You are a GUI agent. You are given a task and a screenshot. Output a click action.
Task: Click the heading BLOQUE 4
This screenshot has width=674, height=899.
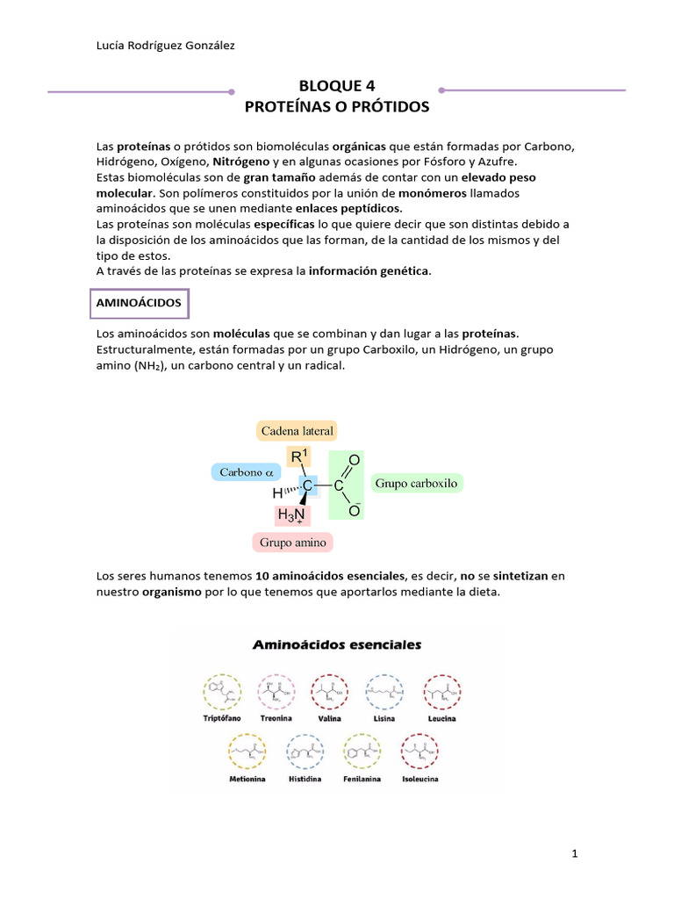336,85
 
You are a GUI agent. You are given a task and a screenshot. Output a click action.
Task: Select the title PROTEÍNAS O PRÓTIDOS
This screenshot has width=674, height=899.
336,107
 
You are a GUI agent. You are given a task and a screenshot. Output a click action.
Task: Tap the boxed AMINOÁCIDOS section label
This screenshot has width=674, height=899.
139,302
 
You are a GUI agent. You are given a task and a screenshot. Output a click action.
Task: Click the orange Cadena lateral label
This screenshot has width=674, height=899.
296,430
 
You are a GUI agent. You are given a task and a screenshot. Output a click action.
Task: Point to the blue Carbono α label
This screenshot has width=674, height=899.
247,472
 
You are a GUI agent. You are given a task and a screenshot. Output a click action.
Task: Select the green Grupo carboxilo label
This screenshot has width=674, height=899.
416,484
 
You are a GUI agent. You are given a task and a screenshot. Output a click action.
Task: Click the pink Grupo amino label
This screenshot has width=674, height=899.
292,543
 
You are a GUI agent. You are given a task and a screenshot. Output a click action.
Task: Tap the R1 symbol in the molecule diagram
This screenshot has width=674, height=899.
299,457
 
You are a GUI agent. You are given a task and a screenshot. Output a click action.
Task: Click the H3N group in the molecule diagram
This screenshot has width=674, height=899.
291,515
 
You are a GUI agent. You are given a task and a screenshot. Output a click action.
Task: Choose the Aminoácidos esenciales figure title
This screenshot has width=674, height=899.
337,644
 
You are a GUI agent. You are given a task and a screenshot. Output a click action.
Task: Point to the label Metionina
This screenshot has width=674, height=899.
247,779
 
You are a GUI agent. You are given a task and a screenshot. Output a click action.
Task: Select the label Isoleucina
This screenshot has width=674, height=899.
419,779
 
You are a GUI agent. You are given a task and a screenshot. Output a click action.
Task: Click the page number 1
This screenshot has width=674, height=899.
574,852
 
